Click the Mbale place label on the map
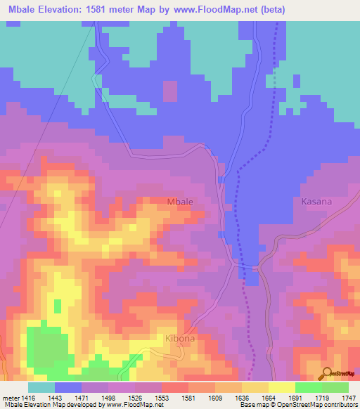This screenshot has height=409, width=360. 180,202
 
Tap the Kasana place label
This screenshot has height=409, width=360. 316,202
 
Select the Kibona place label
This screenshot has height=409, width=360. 179,339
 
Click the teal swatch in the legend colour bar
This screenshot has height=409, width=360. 41,387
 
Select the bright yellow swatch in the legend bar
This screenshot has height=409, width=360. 281,387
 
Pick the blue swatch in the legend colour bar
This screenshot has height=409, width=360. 68,387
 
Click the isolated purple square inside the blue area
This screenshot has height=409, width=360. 170,91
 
